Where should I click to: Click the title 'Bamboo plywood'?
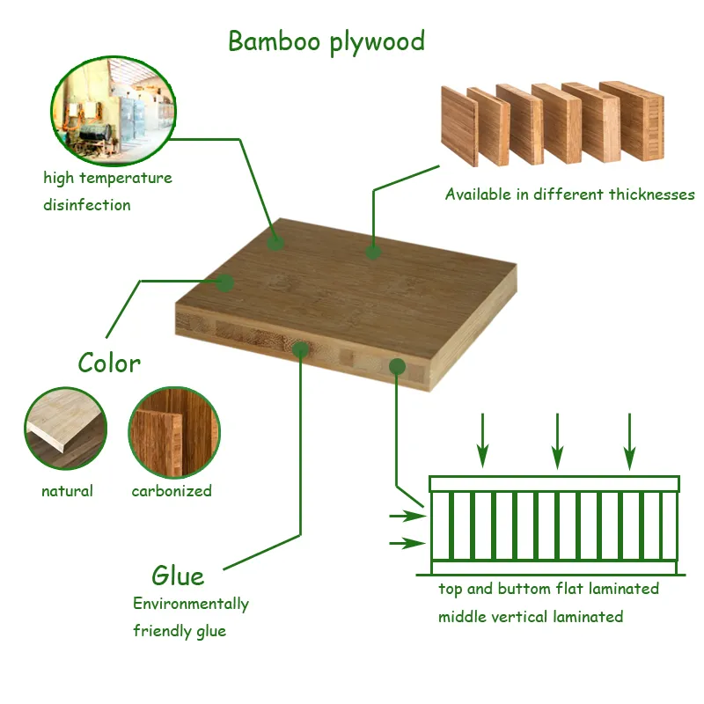point(326,41)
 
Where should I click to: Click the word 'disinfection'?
point(87,205)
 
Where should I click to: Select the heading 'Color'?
point(109,363)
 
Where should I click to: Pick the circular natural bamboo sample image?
point(65,429)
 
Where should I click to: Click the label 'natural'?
point(67,491)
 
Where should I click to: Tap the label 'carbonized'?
point(172,491)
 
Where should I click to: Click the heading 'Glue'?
point(178,576)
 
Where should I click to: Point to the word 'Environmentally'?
point(191,604)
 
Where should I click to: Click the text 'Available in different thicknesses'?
point(569,194)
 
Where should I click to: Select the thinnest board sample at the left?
point(458,126)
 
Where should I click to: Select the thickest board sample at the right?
point(631,121)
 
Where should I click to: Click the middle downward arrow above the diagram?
point(556,440)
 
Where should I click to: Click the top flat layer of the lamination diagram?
point(554,484)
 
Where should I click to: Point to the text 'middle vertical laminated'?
point(531,617)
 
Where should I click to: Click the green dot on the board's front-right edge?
point(398,365)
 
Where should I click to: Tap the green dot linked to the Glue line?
point(300,349)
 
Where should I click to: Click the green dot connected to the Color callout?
point(225,282)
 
